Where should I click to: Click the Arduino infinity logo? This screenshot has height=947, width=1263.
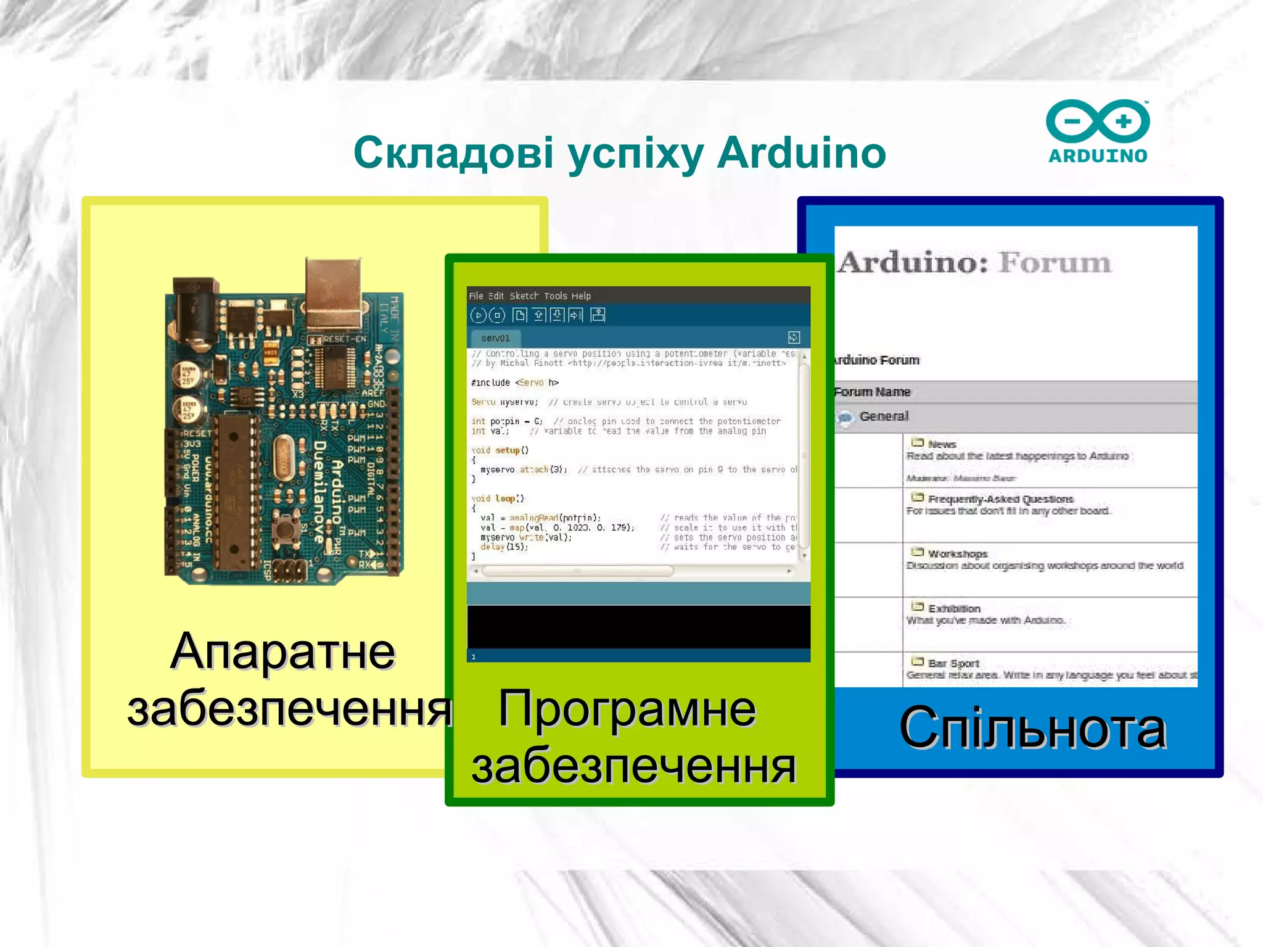tap(1098, 121)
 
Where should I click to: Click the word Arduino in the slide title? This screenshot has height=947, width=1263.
tap(801, 152)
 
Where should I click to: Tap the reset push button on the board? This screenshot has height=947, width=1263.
tap(284, 529)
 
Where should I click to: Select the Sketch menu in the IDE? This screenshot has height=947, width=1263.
tap(524, 296)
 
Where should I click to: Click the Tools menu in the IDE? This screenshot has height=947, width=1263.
tap(556, 296)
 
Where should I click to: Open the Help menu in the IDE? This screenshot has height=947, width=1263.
tap(581, 296)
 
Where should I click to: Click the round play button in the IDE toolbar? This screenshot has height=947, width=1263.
tap(478, 316)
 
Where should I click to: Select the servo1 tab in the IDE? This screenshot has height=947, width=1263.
tap(495, 338)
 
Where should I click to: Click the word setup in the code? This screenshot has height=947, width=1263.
tap(508, 450)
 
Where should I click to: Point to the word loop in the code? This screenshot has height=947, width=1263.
tap(505, 498)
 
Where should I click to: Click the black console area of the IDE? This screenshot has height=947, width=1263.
tap(638, 626)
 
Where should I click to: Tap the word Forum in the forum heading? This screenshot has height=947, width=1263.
tap(1055, 263)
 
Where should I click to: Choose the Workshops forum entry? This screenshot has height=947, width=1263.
tap(957, 554)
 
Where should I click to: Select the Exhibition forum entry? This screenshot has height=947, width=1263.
tap(953, 609)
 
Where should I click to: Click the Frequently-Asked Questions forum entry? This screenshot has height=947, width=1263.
tap(1000, 499)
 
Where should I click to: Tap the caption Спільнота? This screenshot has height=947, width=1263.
tap(1032, 729)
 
